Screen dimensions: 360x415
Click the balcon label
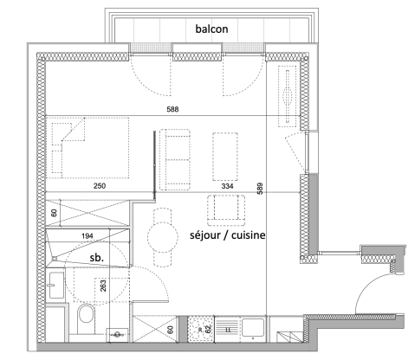pos(211,29)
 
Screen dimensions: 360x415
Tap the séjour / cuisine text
pos(226,235)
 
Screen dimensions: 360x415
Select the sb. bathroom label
pos(99,257)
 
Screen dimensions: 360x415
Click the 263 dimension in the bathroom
pos(103,286)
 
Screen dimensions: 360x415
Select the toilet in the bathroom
pos(86,318)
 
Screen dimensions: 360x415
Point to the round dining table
pos(162,235)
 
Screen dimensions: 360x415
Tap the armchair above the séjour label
pos(223,209)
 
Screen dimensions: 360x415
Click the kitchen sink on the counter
pos(255,328)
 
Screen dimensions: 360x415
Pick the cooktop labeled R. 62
pos(204,329)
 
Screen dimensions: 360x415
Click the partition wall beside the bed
pos(156,162)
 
